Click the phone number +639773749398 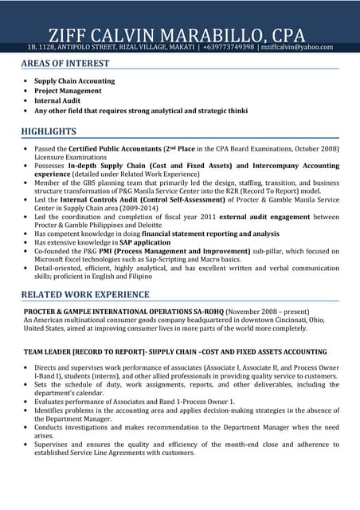pos(229,48)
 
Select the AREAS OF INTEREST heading pos(65,64)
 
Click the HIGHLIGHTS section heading pos(49,131)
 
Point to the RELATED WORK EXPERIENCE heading pos(85,295)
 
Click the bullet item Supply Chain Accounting pos(74,81)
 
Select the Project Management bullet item pos(68,91)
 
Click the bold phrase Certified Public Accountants pos(114,149)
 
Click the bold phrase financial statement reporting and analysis pos(209,233)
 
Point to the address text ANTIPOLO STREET pos(90,48)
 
